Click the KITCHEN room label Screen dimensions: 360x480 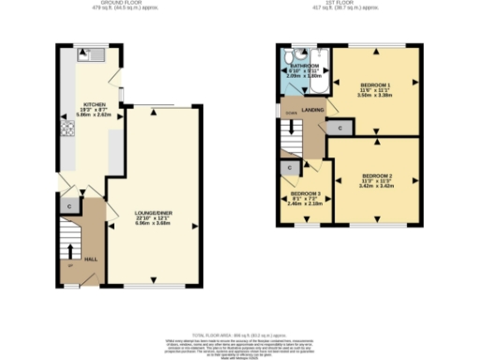click(x=94, y=105)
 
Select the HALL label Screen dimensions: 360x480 click(x=91, y=259)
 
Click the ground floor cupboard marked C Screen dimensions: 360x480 click(x=68, y=205)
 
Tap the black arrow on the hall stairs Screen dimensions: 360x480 click(x=71, y=250)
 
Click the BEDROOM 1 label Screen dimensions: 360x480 click(x=375, y=85)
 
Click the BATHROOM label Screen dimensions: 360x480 click(x=304, y=66)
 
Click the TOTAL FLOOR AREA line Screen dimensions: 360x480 click(x=239, y=335)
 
